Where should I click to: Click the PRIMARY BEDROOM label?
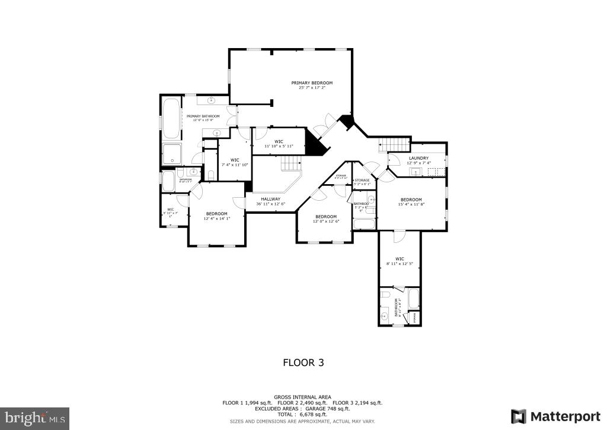311,83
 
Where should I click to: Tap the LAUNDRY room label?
418,158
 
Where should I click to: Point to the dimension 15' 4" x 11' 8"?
411,204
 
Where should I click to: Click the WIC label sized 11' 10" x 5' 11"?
278,141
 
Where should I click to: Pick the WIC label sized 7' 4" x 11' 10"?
234,160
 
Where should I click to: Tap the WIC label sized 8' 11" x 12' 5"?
399,258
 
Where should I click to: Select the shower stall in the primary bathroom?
172,154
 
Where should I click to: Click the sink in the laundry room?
416,172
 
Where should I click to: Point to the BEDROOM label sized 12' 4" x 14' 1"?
216,213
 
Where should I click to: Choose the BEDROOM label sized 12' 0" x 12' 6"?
325,216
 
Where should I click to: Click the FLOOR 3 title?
303,362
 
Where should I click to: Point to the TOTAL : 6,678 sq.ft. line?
302,415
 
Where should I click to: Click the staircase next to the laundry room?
394,144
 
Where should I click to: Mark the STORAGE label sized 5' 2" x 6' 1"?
362,180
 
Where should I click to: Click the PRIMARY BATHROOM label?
203,116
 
